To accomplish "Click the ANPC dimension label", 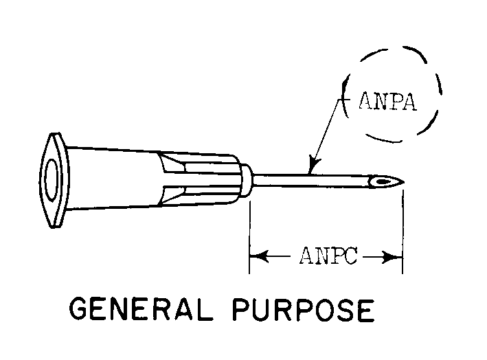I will click(x=326, y=258).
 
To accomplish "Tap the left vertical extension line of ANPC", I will click(x=249, y=234).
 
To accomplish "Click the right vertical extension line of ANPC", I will click(x=403, y=234).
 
